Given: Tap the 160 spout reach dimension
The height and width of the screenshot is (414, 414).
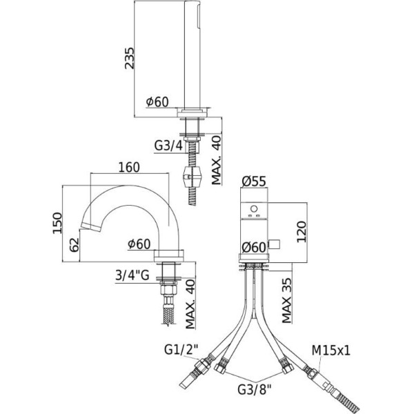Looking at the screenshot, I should (x=129, y=167).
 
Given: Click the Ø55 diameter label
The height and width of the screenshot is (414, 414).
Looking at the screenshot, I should (x=255, y=181).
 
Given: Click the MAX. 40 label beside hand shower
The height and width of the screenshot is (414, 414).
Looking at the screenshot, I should (x=217, y=159).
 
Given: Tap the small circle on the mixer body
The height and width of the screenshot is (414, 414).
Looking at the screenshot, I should (x=253, y=209).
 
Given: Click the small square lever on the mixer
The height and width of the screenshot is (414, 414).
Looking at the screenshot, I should (x=274, y=243).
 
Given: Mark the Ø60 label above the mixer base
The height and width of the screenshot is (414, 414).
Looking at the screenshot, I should (x=255, y=248).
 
